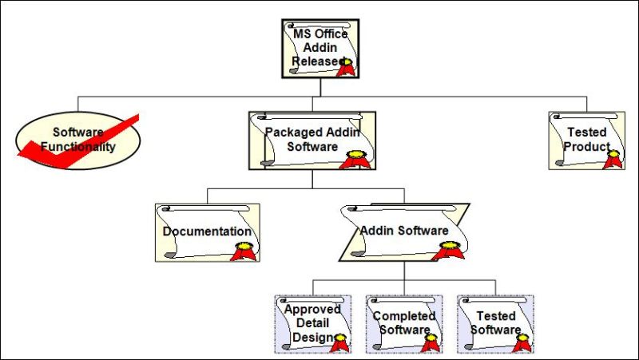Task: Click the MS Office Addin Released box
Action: [319, 49]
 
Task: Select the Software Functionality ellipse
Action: [78, 140]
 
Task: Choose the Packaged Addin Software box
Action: [312, 140]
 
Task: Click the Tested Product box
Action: [586, 140]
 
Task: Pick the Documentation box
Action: [207, 232]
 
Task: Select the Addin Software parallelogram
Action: [404, 232]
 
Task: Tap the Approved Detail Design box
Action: [312, 323]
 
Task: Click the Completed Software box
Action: [404, 323]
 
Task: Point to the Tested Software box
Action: [495, 323]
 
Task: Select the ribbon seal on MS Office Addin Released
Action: [346, 66]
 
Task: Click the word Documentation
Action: [207, 231]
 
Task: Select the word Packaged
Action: [293, 133]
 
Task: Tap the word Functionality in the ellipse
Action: [78, 147]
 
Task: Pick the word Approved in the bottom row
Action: [312, 309]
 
